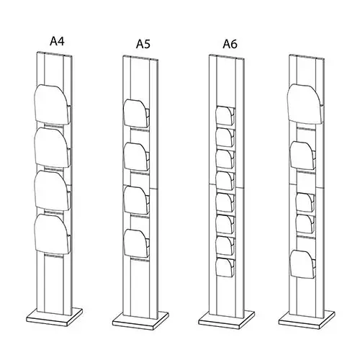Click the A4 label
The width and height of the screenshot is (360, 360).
click(x=57, y=41)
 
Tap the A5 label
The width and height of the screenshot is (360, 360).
click(x=143, y=44)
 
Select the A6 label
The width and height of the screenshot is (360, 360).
click(x=230, y=44)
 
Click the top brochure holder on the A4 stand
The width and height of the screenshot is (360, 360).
click(x=53, y=104)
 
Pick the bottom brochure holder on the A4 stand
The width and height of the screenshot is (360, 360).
click(x=53, y=234)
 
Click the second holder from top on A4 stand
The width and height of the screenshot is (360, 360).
click(x=53, y=148)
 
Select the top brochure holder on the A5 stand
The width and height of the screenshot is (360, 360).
click(x=136, y=113)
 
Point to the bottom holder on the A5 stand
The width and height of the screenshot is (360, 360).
click(x=136, y=243)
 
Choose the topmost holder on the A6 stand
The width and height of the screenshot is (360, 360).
click(x=225, y=116)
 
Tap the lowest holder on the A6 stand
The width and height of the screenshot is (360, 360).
click(x=225, y=267)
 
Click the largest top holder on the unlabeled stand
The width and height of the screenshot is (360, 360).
click(x=305, y=104)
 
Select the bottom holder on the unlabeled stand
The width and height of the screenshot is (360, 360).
click(x=302, y=264)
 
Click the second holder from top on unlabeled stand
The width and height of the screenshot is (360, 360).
click(x=302, y=156)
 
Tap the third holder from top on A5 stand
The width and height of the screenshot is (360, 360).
click(x=136, y=200)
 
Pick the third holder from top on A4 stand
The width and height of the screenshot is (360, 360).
click(x=53, y=191)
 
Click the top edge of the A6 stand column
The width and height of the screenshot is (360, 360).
click(x=227, y=57)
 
